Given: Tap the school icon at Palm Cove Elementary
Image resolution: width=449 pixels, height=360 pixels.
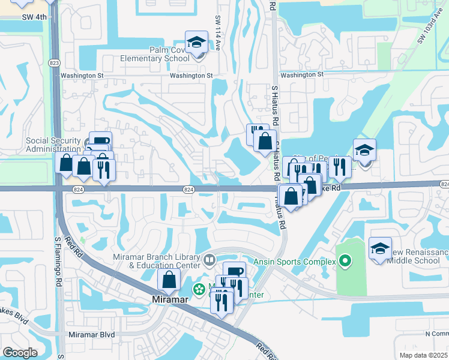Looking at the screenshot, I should tap(196, 43).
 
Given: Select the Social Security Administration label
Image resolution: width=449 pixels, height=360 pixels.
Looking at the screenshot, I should tap(53, 145).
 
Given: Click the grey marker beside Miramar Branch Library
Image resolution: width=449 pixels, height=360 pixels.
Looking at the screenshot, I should tap(209, 260).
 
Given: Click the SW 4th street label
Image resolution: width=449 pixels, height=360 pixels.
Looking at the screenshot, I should tap(34, 17).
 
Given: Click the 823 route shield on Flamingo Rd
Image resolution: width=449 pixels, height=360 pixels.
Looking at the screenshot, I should tap(55, 62).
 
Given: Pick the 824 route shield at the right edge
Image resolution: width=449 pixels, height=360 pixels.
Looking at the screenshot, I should tap(444, 184).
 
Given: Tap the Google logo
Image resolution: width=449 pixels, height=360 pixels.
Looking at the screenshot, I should tap(20, 353).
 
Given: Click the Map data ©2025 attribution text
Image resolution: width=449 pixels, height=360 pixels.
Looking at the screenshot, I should tap(423, 355).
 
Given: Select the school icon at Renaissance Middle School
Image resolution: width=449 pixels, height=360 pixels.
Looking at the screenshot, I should tap(380, 250).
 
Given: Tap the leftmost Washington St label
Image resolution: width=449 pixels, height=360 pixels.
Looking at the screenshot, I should tap(82, 76).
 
